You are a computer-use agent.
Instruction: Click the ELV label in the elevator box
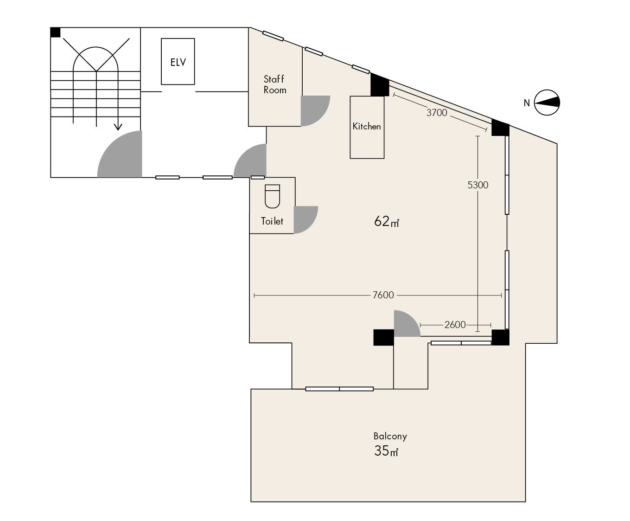click(x=178, y=63)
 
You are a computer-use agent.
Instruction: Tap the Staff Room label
click(x=274, y=84)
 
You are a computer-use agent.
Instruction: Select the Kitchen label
click(x=367, y=126)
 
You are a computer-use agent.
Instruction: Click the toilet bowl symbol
click(x=272, y=196)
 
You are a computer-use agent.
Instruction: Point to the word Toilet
click(x=272, y=221)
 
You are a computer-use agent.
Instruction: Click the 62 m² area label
click(x=387, y=221)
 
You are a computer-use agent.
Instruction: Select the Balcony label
click(x=390, y=436)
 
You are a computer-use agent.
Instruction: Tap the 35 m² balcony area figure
click(x=386, y=451)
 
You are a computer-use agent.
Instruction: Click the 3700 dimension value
click(x=437, y=113)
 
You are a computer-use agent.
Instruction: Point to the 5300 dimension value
click(x=477, y=185)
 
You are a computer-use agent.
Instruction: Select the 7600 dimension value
click(x=383, y=295)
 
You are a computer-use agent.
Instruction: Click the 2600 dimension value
click(x=455, y=325)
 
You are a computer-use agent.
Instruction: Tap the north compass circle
click(x=547, y=103)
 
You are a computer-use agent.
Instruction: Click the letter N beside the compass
click(x=527, y=103)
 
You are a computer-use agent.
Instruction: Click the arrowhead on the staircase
click(x=118, y=127)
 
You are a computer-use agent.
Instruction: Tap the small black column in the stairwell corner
click(x=55, y=32)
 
